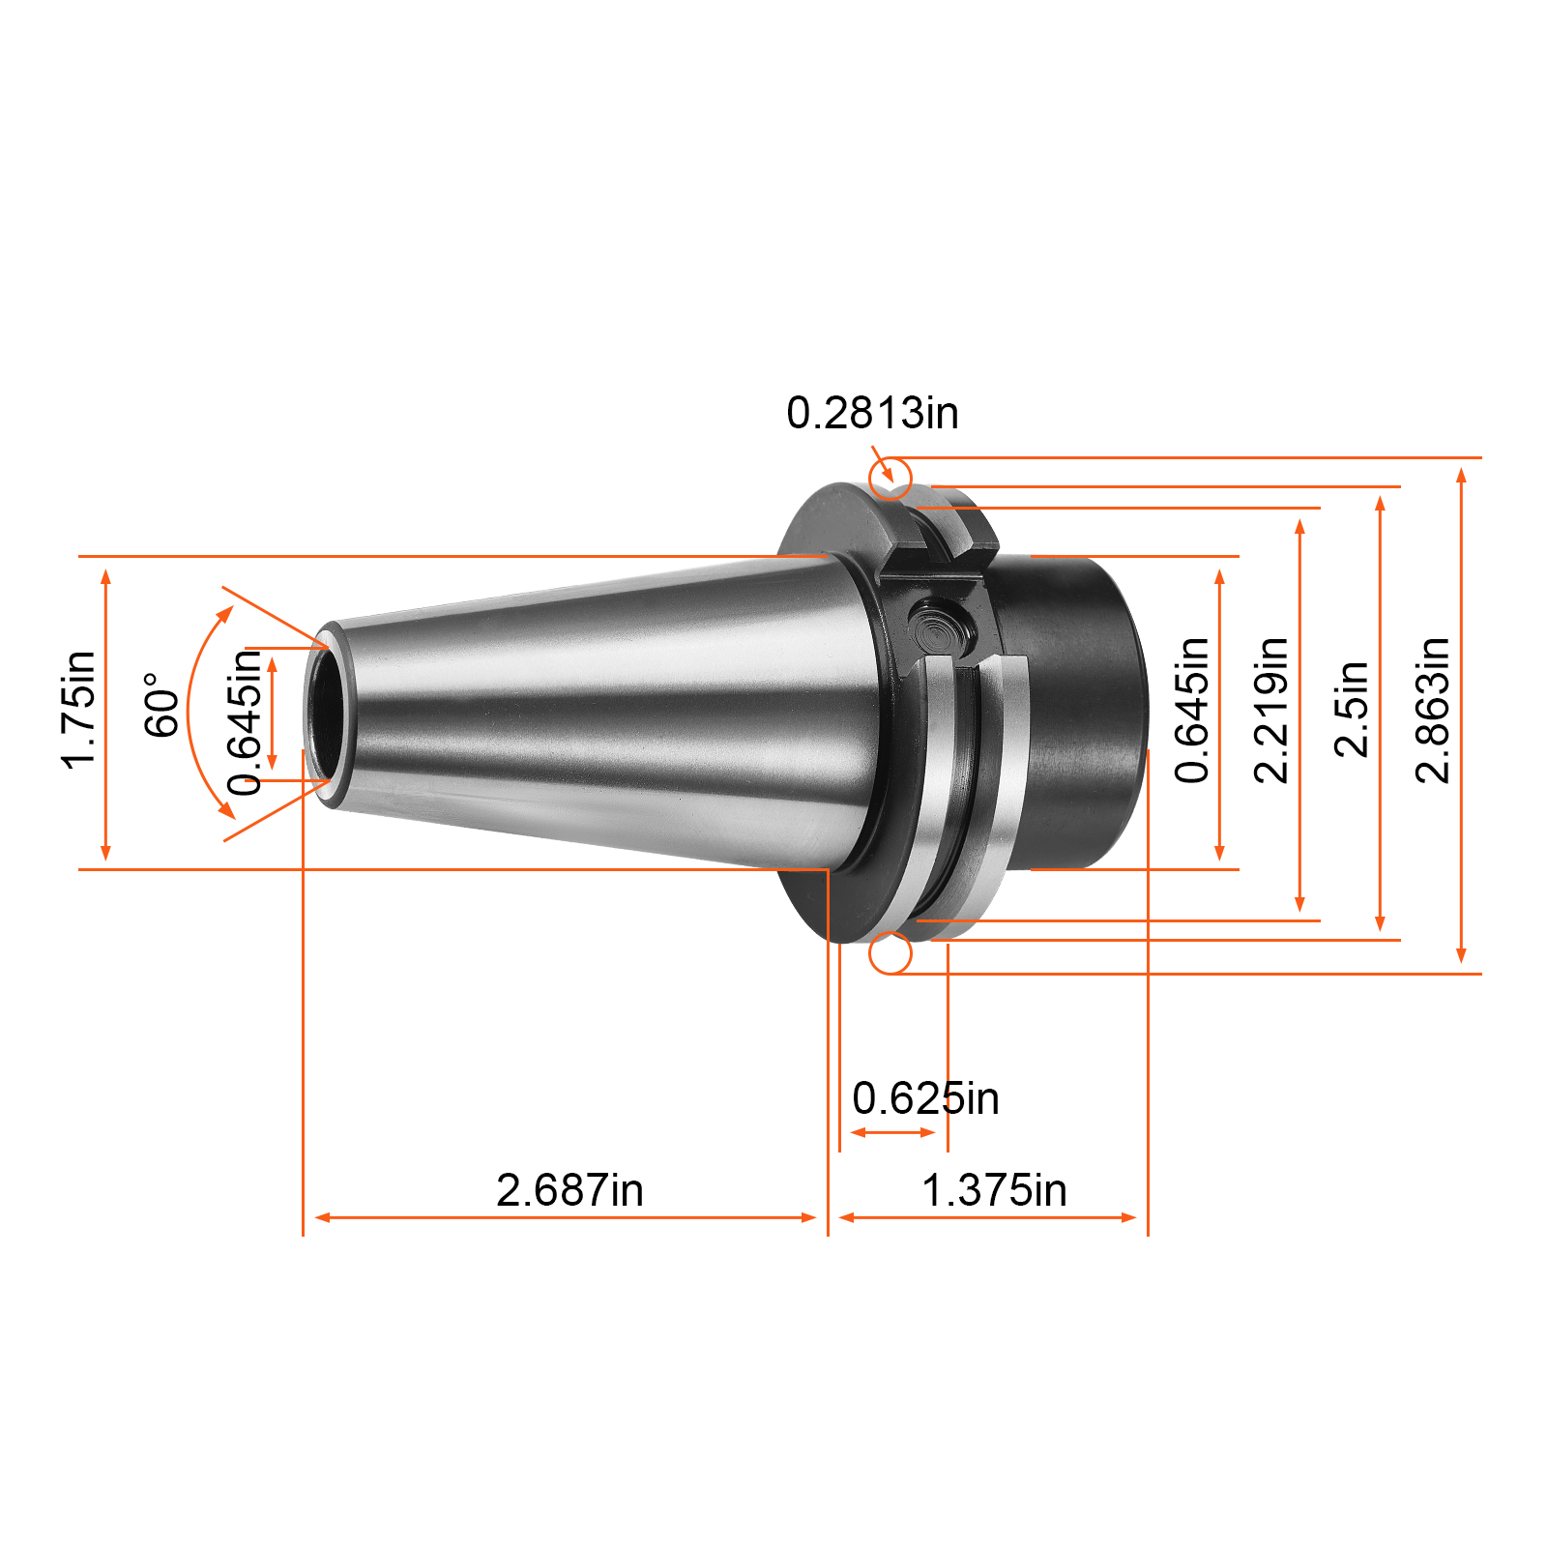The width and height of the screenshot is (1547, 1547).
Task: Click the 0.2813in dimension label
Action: (x=872, y=414)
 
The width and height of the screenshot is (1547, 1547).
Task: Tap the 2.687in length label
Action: (x=569, y=1190)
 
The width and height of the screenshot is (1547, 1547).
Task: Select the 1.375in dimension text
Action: (x=994, y=1190)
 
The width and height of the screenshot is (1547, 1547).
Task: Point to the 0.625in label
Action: (x=925, y=1099)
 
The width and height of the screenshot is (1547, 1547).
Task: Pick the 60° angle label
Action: (x=161, y=706)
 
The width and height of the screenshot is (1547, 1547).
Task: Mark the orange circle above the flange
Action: (x=890, y=478)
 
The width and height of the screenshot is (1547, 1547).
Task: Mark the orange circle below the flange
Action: (x=890, y=954)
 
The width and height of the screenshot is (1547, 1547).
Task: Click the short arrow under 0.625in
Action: (x=892, y=1132)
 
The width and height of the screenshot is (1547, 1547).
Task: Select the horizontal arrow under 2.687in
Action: (x=566, y=1217)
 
